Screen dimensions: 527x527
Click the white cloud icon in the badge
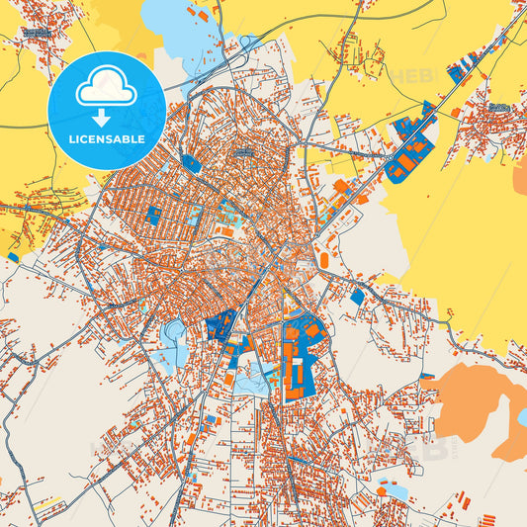106,88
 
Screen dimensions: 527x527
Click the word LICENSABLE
106,139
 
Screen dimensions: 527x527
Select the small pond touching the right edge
521,416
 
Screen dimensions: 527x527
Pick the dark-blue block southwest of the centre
220,323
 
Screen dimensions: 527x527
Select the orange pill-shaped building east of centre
323,260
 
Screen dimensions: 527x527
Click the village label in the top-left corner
37,33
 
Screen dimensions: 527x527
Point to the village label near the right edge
498,107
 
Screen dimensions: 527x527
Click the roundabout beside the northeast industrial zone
393,155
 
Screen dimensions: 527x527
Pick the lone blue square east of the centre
357,296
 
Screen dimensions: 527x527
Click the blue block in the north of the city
192,164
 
